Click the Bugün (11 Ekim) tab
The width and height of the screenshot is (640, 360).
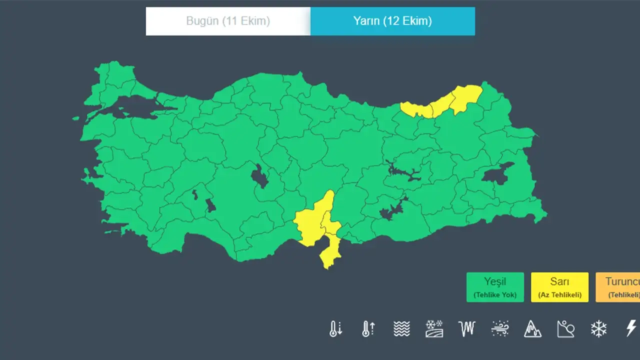(x=228, y=21)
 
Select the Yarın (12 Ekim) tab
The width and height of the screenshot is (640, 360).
(x=392, y=21)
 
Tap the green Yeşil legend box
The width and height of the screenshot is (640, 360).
(x=495, y=287)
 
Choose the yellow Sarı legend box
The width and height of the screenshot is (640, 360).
(x=559, y=287)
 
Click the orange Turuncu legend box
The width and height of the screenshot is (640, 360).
(x=618, y=287)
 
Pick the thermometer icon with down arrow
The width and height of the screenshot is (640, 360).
(x=335, y=328)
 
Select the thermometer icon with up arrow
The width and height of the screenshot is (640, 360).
(x=368, y=328)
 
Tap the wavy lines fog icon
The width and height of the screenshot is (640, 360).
(x=401, y=328)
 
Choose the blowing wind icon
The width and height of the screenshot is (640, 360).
(x=500, y=328)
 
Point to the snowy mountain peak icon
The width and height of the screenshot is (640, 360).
(x=532, y=328)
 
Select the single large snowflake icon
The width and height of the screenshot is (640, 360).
(x=598, y=328)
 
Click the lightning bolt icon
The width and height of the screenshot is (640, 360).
(x=631, y=328)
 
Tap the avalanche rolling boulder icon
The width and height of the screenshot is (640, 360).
(x=565, y=328)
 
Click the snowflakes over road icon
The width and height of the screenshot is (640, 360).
(x=434, y=328)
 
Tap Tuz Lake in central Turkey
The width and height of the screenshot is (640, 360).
(x=259, y=176)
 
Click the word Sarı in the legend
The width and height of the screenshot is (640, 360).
(x=559, y=281)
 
